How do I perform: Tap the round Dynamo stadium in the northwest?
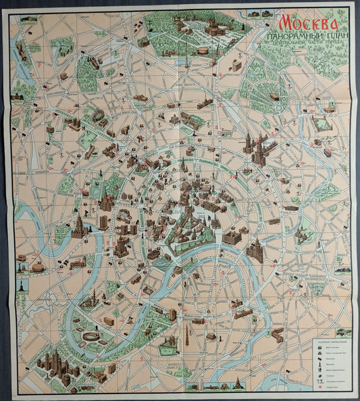[99, 118]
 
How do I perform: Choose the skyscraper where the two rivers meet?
[255, 252]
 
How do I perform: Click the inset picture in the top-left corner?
[29, 20]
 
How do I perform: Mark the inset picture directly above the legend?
[342, 332]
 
